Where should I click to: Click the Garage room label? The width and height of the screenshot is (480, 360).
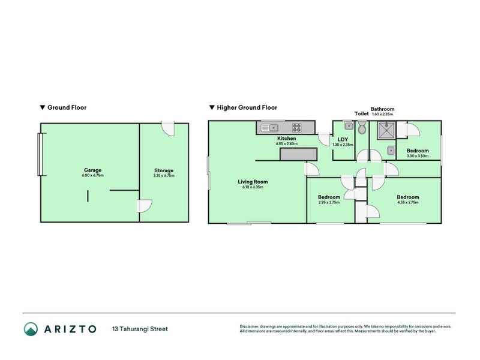[x=92, y=170]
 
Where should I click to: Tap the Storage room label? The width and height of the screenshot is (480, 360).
[x=164, y=170]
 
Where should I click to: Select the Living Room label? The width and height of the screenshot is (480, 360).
[x=253, y=181]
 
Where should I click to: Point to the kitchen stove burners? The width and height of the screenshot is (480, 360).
[x=296, y=127]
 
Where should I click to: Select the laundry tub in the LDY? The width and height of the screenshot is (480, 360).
[x=348, y=127]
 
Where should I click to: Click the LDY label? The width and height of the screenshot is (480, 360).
[x=343, y=139]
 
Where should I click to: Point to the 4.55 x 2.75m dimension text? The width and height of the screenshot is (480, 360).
[x=407, y=203]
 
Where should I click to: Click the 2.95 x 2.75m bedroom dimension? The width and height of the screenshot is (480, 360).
[x=329, y=203]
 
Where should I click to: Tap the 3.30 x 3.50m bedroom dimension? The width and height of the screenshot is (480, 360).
[x=418, y=156]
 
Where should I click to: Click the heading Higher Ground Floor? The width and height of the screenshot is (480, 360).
[x=247, y=108]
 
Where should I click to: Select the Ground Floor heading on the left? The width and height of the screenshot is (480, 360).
[x=67, y=108]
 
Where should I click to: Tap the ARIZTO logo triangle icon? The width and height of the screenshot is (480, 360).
[x=31, y=329]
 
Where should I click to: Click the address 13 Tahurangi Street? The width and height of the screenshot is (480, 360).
[x=140, y=329]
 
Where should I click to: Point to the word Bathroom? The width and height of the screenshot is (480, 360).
[x=382, y=109]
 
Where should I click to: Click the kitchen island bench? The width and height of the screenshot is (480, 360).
[x=298, y=154]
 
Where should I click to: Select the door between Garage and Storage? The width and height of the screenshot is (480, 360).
[x=144, y=205]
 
